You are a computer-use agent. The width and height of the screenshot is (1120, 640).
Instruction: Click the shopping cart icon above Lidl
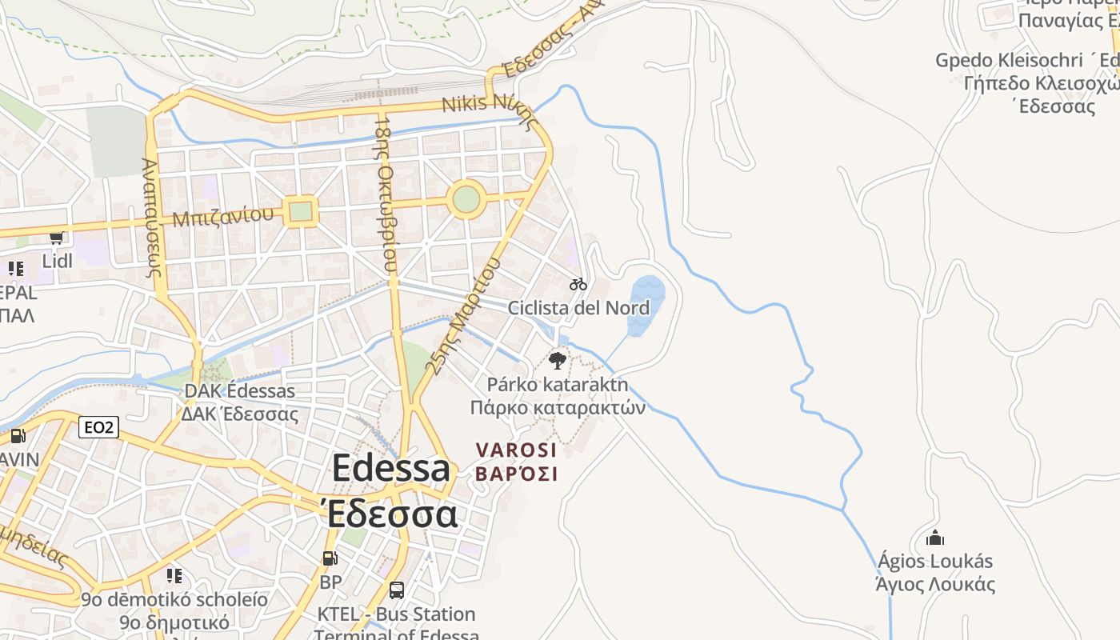click(56, 238)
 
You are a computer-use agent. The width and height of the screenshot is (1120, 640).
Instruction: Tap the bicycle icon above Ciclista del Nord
click(578, 284)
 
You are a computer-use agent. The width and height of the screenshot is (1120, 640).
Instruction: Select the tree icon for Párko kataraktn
click(558, 360)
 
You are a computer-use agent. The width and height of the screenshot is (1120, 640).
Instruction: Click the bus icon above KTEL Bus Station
click(396, 590)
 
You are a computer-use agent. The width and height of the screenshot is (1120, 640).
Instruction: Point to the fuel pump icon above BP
click(330, 558)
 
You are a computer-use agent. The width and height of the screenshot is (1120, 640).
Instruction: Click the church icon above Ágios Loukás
click(934, 538)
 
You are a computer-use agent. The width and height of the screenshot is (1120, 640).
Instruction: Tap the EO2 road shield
click(99, 428)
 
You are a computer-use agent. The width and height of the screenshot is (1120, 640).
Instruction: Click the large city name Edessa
click(391, 468)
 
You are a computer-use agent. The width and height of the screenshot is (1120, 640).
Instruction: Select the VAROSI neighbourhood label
click(516, 450)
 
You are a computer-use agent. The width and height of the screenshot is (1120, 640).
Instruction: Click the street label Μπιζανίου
click(227, 216)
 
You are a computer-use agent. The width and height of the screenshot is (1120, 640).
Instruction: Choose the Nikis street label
click(465, 104)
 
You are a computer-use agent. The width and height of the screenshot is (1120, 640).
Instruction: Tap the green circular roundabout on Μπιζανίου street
click(466, 199)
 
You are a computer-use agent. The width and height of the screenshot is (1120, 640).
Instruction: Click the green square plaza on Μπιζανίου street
click(300, 211)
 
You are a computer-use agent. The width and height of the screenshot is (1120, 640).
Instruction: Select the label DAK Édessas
click(239, 391)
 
